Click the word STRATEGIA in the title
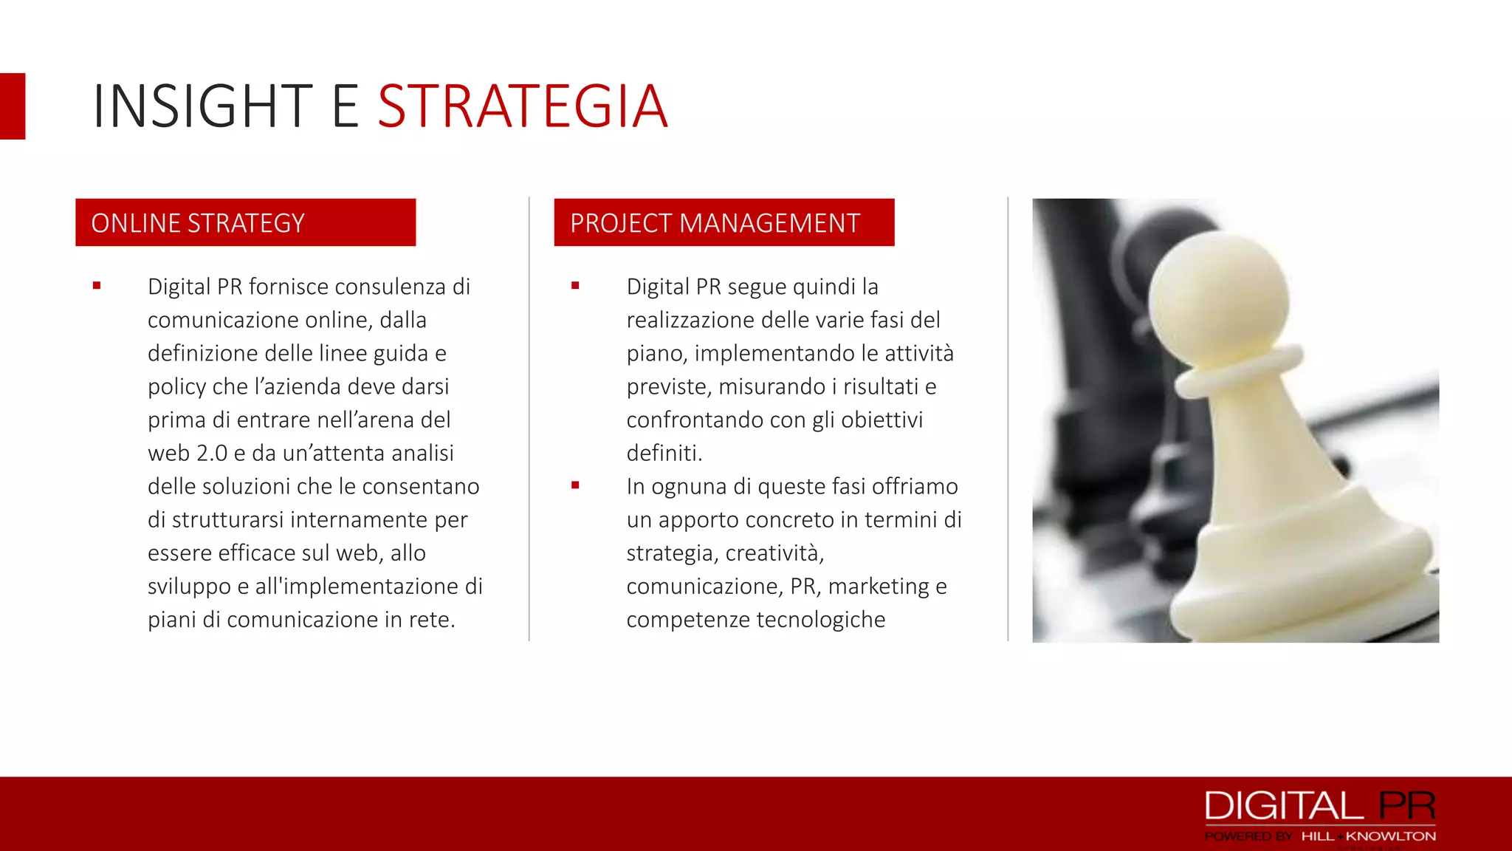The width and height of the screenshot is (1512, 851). [523, 107]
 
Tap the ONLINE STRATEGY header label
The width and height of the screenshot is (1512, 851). [198, 223]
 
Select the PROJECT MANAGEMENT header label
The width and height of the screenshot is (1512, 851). [715, 223]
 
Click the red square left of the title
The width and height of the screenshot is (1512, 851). [13, 106]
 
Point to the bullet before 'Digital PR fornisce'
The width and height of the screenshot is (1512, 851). [97, 286]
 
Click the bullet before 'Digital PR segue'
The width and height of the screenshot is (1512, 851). [575, 286]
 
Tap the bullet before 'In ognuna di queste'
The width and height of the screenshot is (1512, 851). [575, 485]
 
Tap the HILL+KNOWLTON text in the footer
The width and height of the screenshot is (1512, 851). [1368, 836]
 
